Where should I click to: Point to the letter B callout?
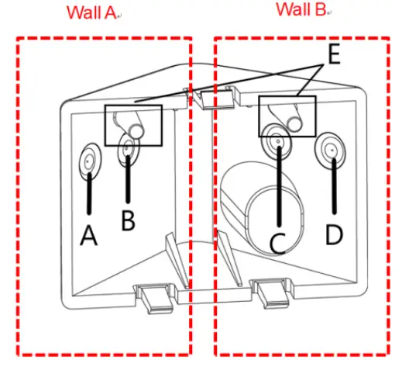[x=128, y=220]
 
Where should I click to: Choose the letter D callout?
[x=333, y=234]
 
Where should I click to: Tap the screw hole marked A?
[x=90, y=160]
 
